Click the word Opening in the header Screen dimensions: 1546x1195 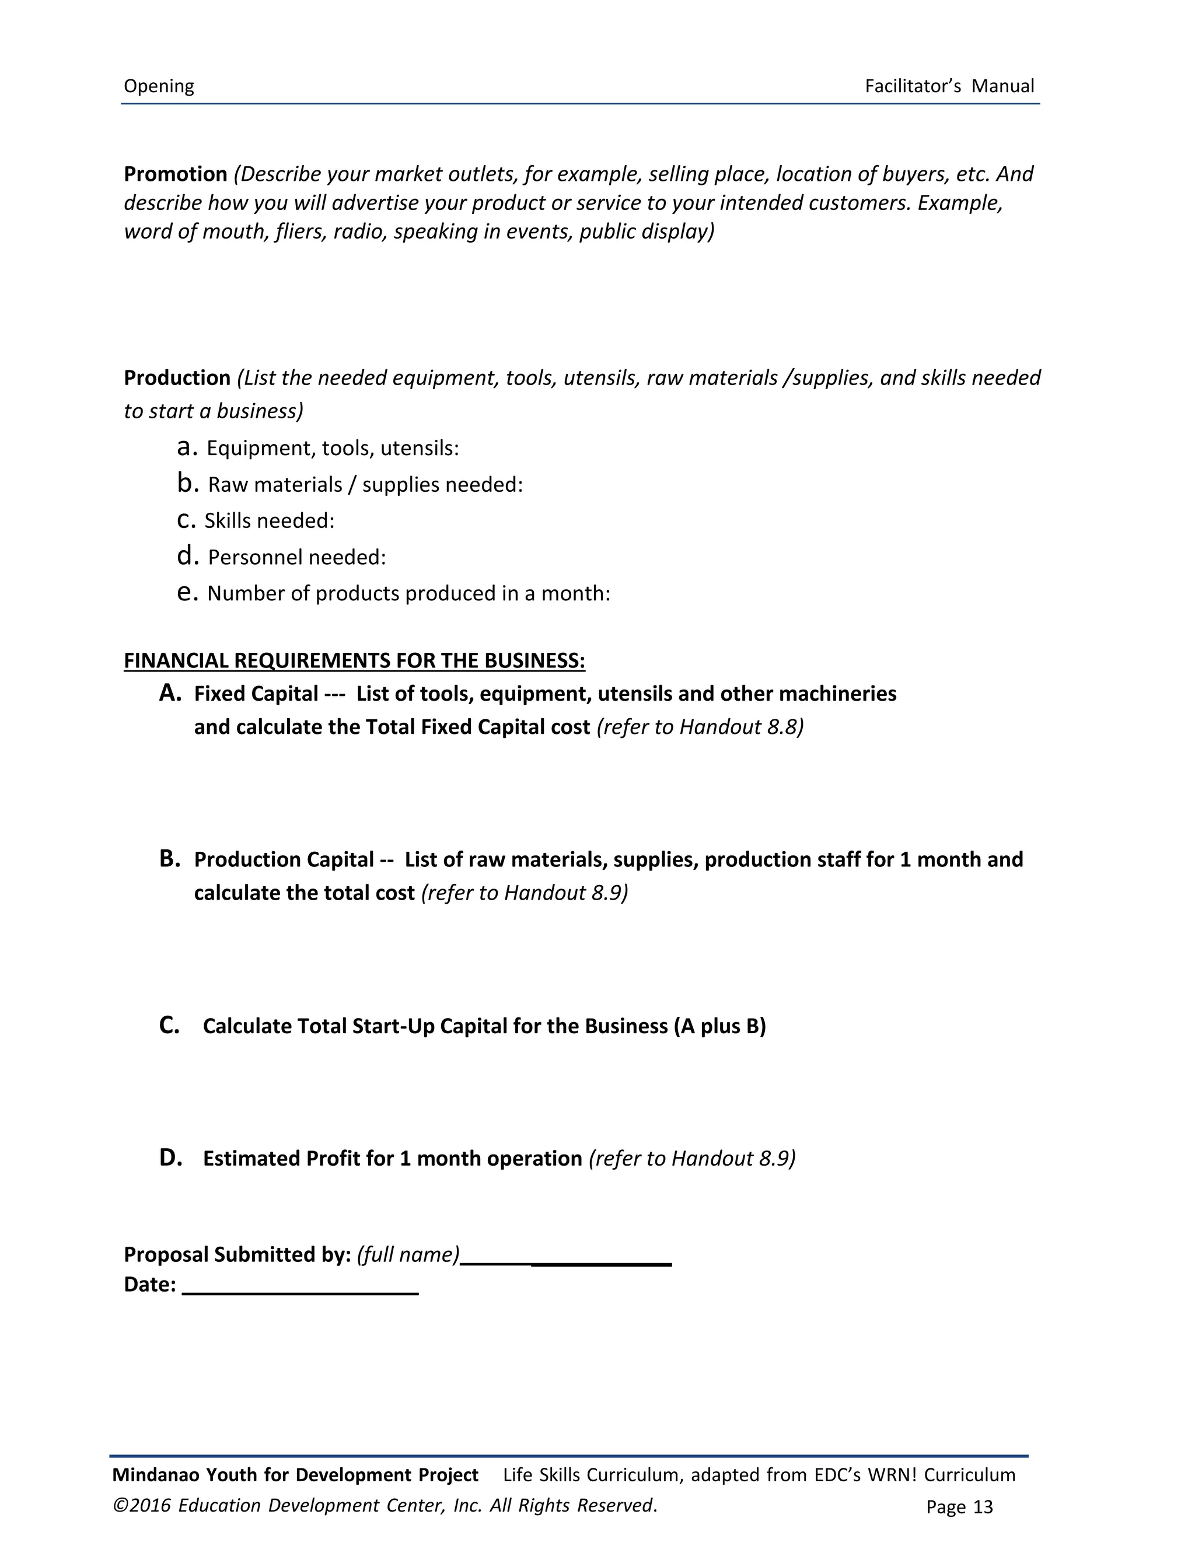[159, 86]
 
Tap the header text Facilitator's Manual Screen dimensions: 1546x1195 [949, 86]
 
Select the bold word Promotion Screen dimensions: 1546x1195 [176, 174]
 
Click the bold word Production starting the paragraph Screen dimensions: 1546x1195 [177, 378]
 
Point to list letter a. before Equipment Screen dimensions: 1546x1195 [187, 447]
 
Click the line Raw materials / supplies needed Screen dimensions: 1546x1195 [365, 485]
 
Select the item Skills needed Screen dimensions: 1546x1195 [269, 521]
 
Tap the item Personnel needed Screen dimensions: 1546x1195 [296, 558]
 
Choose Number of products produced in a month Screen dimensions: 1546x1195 [408, 593]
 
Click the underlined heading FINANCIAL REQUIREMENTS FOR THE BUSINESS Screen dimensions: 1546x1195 [354, 661]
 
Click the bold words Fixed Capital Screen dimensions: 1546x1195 [256, 694]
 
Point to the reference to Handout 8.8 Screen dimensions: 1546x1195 [701, 727]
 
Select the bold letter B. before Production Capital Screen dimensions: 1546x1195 [170, 859]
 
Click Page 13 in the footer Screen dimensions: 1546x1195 [959, 1507]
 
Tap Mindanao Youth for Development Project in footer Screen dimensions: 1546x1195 [295, 1475]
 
